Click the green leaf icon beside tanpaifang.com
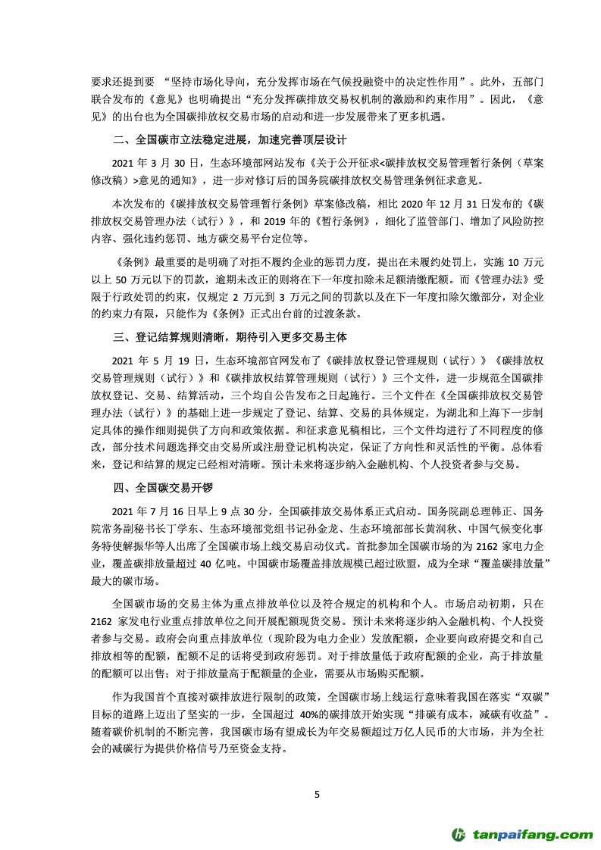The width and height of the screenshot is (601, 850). click(460, 833)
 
